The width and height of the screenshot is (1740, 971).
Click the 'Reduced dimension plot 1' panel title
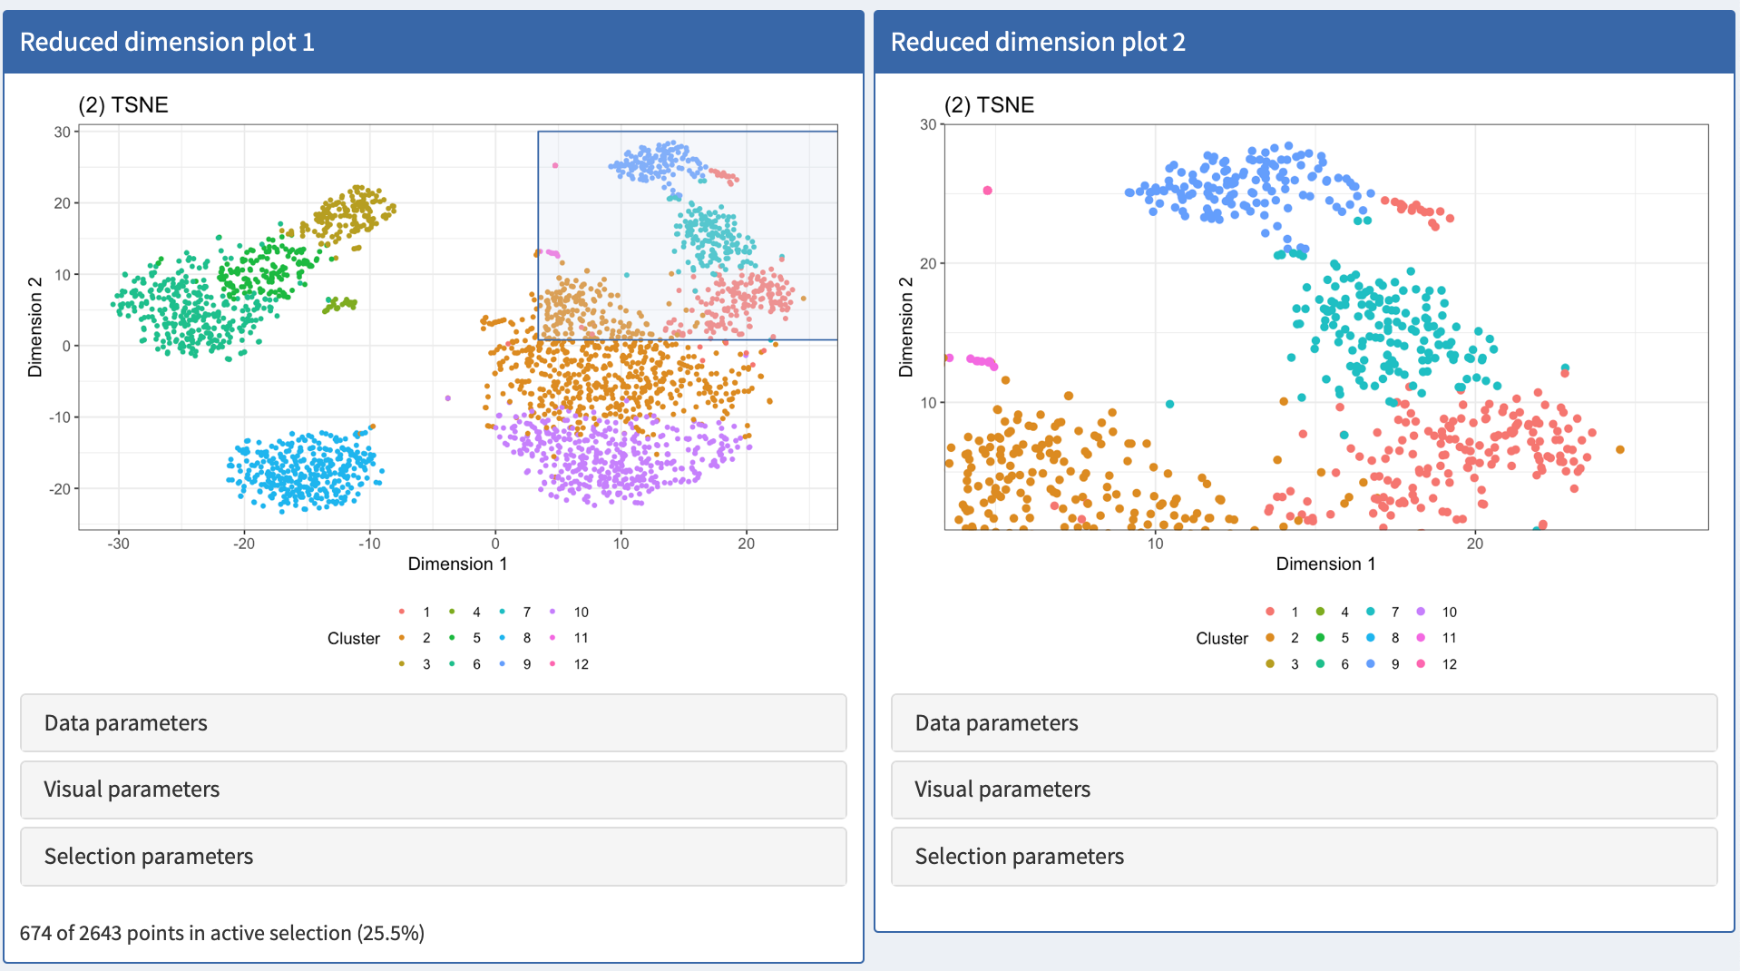tap(167, 42)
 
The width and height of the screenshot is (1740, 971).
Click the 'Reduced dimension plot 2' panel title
tap(1038, 42)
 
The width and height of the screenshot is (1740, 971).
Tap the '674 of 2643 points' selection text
tap(222, 933)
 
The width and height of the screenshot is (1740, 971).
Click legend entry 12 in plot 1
tap(581, 664)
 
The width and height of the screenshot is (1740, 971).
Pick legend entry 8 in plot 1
tap(526, 638)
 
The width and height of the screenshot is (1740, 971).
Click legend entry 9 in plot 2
tap(1394, 664)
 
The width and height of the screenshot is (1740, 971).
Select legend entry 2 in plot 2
tap(1295, 638)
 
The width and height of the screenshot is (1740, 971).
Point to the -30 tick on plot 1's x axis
tap(118, 544)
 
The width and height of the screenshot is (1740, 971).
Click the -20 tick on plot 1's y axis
tap(61, 488)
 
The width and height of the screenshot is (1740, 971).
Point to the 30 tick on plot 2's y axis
tap(928, 124)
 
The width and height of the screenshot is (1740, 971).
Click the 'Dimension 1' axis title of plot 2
tap(1325, 564)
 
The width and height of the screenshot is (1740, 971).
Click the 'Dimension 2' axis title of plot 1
tap(35, 327)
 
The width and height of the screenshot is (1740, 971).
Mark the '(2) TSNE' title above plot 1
tap(123, 105)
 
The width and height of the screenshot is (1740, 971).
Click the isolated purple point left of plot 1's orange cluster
tap(448, 397)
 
